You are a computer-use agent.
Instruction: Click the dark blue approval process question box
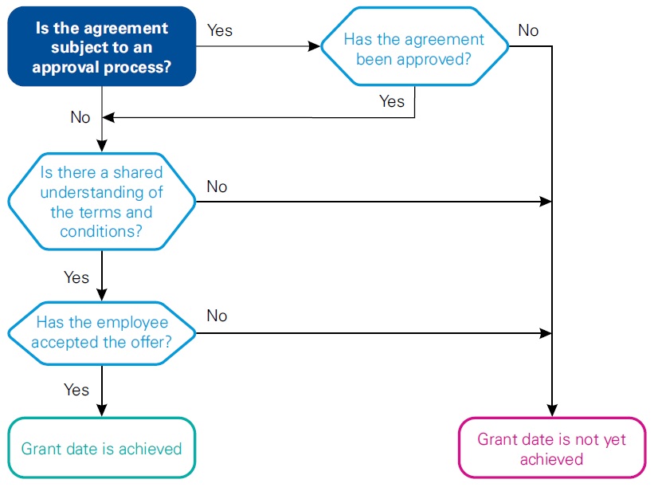(x=101, y=47)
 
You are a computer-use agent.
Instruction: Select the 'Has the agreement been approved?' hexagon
(x=413, y=48)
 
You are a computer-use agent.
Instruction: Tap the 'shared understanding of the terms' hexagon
(x=101, y=202)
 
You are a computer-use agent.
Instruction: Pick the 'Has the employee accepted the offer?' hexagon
(x=101, y=332)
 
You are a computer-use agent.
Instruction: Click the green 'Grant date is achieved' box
(x=101, y=448)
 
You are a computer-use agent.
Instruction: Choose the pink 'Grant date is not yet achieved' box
(x=551, y=449)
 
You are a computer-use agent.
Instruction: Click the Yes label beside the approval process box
(x=220, y=30)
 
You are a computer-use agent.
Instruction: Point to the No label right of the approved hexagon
(x=528, y=30)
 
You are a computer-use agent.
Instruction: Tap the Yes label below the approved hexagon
(x=391, y=101)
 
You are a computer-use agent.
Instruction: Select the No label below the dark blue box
(x=80, y=117)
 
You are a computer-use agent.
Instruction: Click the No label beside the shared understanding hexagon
(x=217, y=187)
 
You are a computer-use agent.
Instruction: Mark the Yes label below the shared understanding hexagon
(x=76, y=277)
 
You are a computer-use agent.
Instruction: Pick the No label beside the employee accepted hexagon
(x=217, y=316)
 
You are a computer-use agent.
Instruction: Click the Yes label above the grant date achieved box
(x=76, y=390)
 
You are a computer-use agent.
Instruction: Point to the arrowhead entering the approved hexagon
(x=314, y=46)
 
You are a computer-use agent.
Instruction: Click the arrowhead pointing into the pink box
(x=551, y=410)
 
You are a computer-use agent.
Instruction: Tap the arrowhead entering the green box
(x=101, y=410)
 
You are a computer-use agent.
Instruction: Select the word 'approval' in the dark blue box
(x=65, y=67)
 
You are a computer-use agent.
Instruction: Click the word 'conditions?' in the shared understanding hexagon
(x=101, y=231)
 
